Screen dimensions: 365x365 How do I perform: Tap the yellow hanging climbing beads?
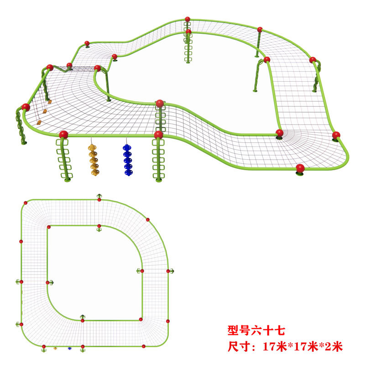(x=94, y=160)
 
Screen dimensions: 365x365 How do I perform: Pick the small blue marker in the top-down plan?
(x=70, y=348)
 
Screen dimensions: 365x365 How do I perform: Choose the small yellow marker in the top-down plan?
(x=55, y=348)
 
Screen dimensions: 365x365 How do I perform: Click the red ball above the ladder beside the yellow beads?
(x=63, y=135)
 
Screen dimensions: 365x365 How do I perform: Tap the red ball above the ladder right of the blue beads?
(x=158, y=135)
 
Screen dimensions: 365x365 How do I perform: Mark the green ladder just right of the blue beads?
(x=158, y=160)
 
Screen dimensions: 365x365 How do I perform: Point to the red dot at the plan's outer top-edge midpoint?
(x=99, y=199)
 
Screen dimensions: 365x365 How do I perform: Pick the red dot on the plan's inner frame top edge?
(x=99, y=226)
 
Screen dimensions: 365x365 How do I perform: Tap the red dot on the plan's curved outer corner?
(x=147, y=219)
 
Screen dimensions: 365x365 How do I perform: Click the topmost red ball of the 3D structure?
(x=188, y=19)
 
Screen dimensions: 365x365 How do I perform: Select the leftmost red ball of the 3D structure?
(x=26, y=107)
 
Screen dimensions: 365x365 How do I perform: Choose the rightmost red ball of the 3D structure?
(x=336, y=135)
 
